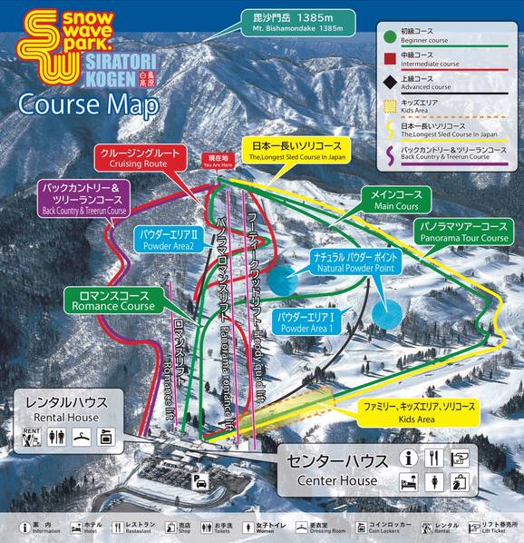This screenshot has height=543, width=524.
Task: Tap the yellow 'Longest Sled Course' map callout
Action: tap(294, 150)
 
